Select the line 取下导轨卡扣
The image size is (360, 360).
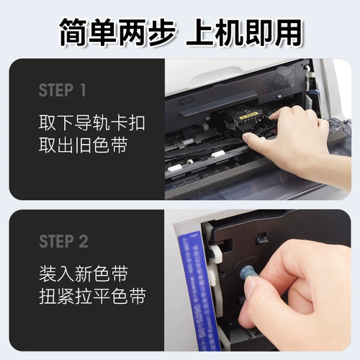tap(91, 122)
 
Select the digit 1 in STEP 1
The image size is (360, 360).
tap(84, 91)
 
